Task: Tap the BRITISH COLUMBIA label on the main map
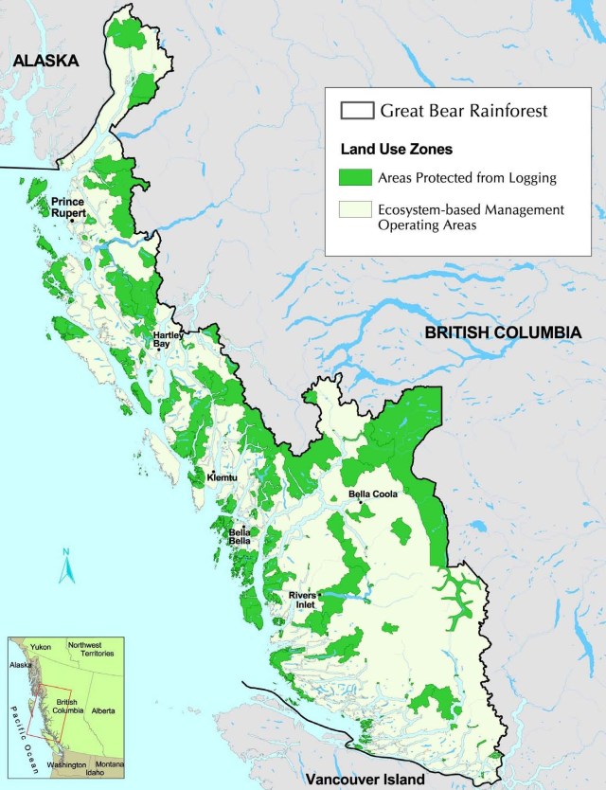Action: (x=502, y=332)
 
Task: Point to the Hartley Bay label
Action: (x=169, y=340)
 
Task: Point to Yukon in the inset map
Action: (x=41, y=648)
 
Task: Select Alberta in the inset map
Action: (x=103, y=709)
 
